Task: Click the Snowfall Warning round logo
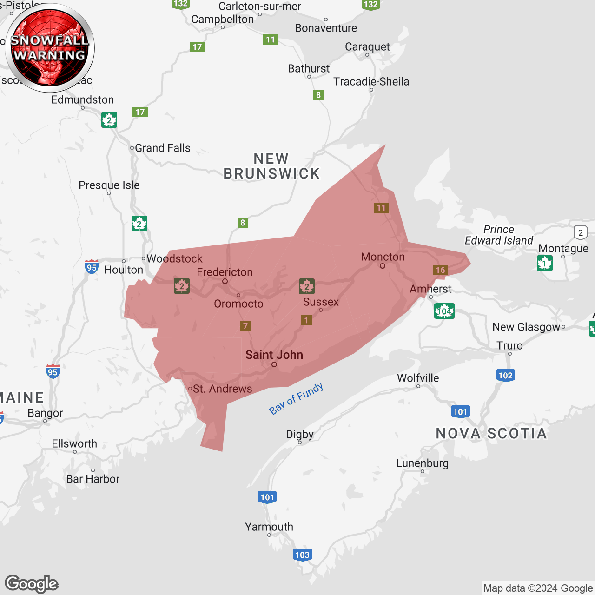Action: (50, 48)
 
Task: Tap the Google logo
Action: (32, 584)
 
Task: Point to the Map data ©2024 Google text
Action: (538, 588)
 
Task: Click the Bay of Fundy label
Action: (296, 398)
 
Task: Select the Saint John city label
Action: (274, 355)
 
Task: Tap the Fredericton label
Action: (225, 272)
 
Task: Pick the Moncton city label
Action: (383, 257)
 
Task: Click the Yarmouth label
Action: (269, 527)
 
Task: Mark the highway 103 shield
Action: (302, 555)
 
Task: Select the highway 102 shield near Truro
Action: (505, 376)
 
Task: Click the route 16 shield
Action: (440, 270)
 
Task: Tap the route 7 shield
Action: (245, 326)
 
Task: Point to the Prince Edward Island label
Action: (499, 235)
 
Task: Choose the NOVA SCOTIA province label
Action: (491, 434)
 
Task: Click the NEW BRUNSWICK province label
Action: (271, 166)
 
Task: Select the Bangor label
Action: (45, 413)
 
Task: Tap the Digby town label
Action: (300, 435)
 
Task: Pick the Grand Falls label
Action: (162, 148)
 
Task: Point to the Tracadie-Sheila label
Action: (371, 82)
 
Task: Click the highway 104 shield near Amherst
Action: (444, 311)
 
